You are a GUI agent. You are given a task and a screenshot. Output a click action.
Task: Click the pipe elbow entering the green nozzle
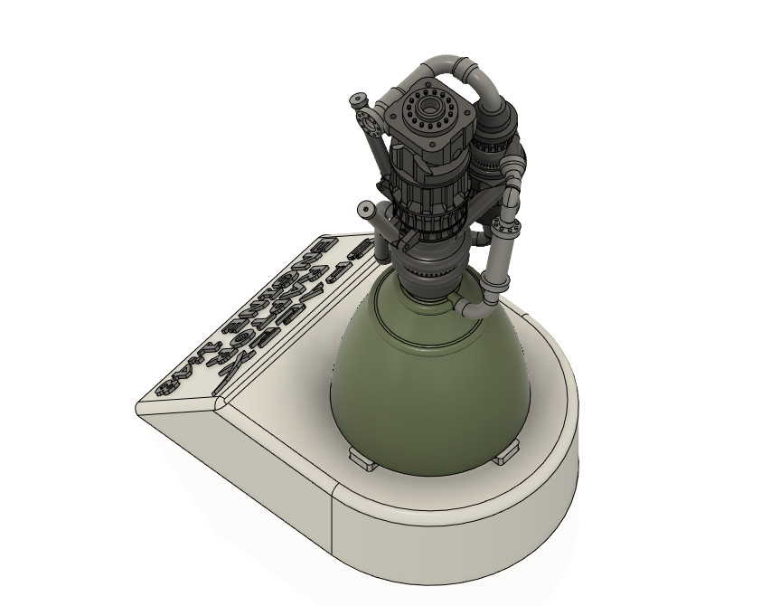tap(469, 310)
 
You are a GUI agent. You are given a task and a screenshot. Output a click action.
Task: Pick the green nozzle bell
tap(425, 380)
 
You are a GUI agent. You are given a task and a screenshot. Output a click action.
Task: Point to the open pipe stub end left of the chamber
tap(367, 210)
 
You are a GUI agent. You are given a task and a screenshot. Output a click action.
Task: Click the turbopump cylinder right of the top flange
tap(493, 145)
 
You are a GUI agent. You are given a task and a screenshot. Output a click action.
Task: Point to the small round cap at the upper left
tap(359, 97)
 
